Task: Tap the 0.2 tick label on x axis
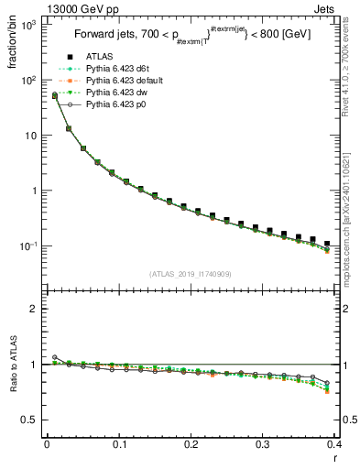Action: (191, 444)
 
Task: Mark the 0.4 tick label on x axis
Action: (334, 444)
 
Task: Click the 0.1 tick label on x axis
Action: (119, 444)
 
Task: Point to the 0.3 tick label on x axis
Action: (263, 444)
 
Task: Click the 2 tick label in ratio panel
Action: (36, 309)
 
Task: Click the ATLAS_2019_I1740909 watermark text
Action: (190, 274)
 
